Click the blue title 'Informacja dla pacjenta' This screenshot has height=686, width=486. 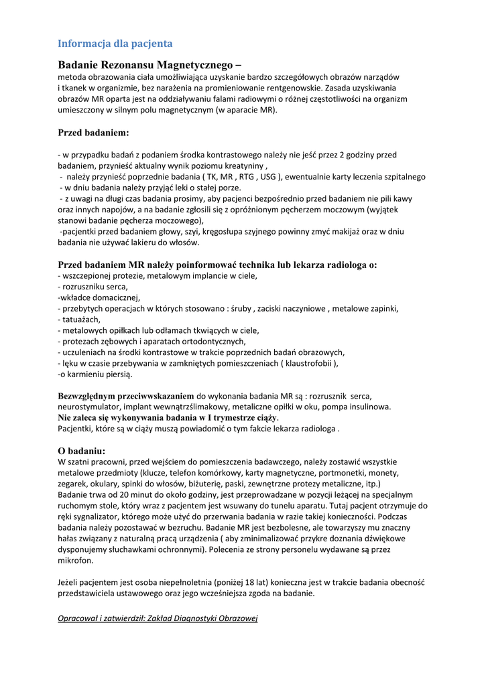pyautogui.click(x=115, y=44)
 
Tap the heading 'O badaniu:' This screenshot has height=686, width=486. pyautogui.click(x=82, y=450)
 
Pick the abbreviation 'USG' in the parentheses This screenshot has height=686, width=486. pyautogui.click(x=267, y=177)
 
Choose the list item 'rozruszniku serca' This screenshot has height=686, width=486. pyautogui.click(x=95, y=286)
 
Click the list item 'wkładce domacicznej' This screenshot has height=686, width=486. pyautogui.click(x=99, y=297)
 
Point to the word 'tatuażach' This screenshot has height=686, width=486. pyautogui.click(x=81, y=319)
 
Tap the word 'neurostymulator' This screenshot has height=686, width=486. pyautogui.click(x=90, y=407)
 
